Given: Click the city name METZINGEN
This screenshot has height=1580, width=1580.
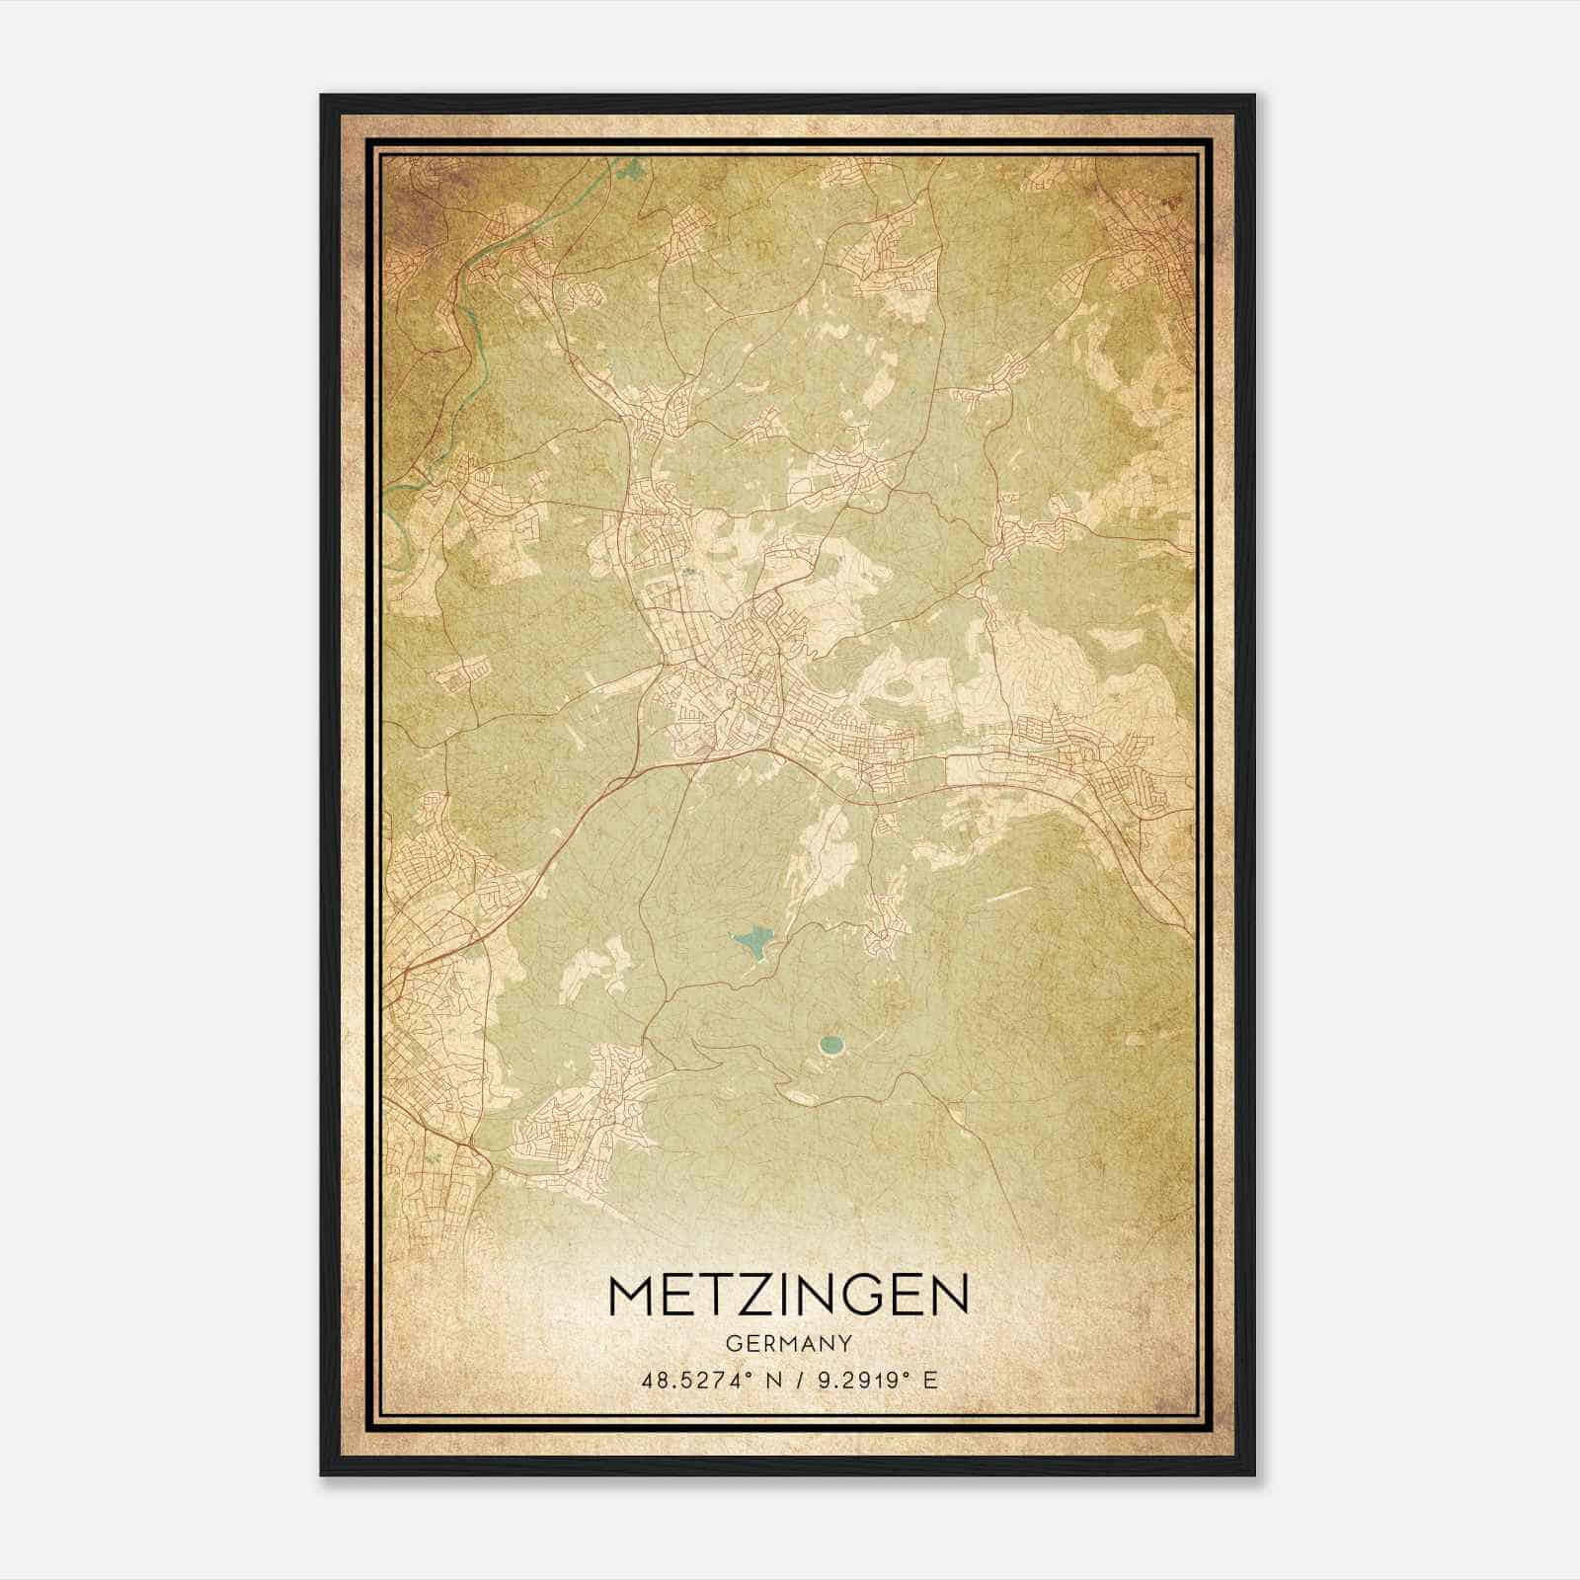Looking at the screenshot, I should click(x=789, y=1295).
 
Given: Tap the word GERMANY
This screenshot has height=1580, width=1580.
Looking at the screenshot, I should click(x=789, y=1344).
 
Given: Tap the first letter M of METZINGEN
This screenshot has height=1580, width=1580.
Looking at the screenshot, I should click(x=631, y=1295).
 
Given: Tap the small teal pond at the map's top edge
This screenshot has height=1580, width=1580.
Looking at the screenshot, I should click(x=632, y=170).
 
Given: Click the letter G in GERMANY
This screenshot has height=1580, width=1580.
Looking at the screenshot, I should click(x=732, y=1344).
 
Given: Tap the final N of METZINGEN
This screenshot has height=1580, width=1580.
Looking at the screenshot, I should click(x=949, y=1295).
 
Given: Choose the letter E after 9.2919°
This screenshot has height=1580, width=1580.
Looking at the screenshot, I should click(x=929, y=1381).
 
